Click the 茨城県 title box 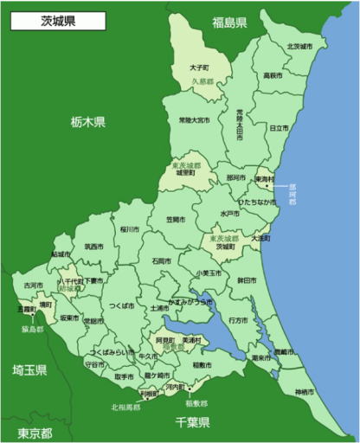point(59,21)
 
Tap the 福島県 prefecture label point(229,22)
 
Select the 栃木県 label point(87,122)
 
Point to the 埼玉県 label point(29,369)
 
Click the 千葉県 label point(192,423)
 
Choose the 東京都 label point(35,432)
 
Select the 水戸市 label point(230,213)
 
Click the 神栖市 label point(304,393)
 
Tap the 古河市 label point(33,285)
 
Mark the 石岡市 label point(161,260)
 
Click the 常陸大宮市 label point(193,119)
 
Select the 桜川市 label point(130,229)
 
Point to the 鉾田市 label point(246,281)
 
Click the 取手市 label point(123,377)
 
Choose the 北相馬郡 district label point(125,407)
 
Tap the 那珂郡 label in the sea point(292,197)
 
